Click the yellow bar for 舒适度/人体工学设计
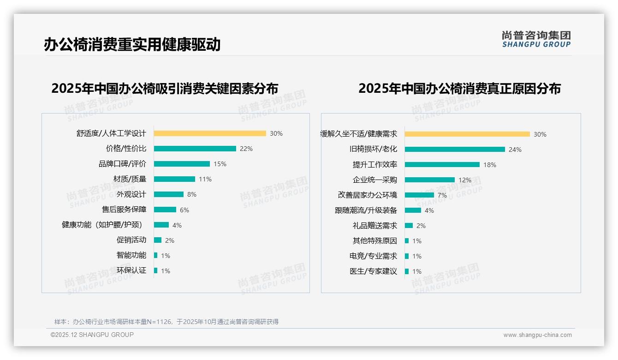[210, 133]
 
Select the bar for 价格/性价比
[195, 149]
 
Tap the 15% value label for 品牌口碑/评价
[220, 164]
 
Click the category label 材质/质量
[130, 179]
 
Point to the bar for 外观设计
[168, 194]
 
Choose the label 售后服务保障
[124, 210]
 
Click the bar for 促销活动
[158, 240]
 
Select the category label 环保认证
[131, 270]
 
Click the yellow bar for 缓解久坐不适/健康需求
[467, 134]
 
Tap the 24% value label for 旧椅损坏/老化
[515, 150]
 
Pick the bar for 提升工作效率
[442, 165]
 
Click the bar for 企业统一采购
[429, 180]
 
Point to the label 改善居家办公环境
[367, 195]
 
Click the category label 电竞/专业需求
[373, 256]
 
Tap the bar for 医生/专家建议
[407, 271]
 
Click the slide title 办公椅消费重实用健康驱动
[132, 44]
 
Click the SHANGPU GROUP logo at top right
[536, 39]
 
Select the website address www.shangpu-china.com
[537, 335]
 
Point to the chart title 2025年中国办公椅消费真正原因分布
[459, 89]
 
